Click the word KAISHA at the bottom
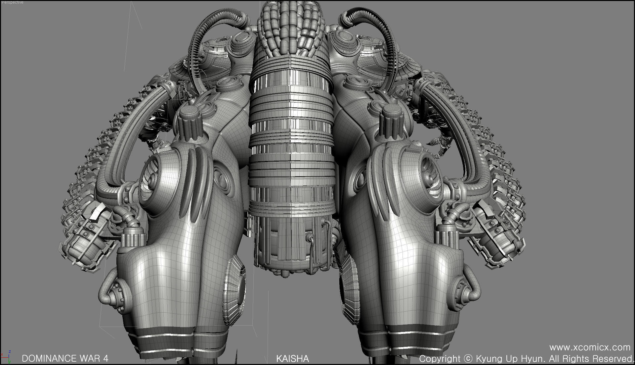tap(292, 358)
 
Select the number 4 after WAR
tap(106, 358)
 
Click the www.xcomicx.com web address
tap(590, 347)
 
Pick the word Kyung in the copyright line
tap(490, 359)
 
